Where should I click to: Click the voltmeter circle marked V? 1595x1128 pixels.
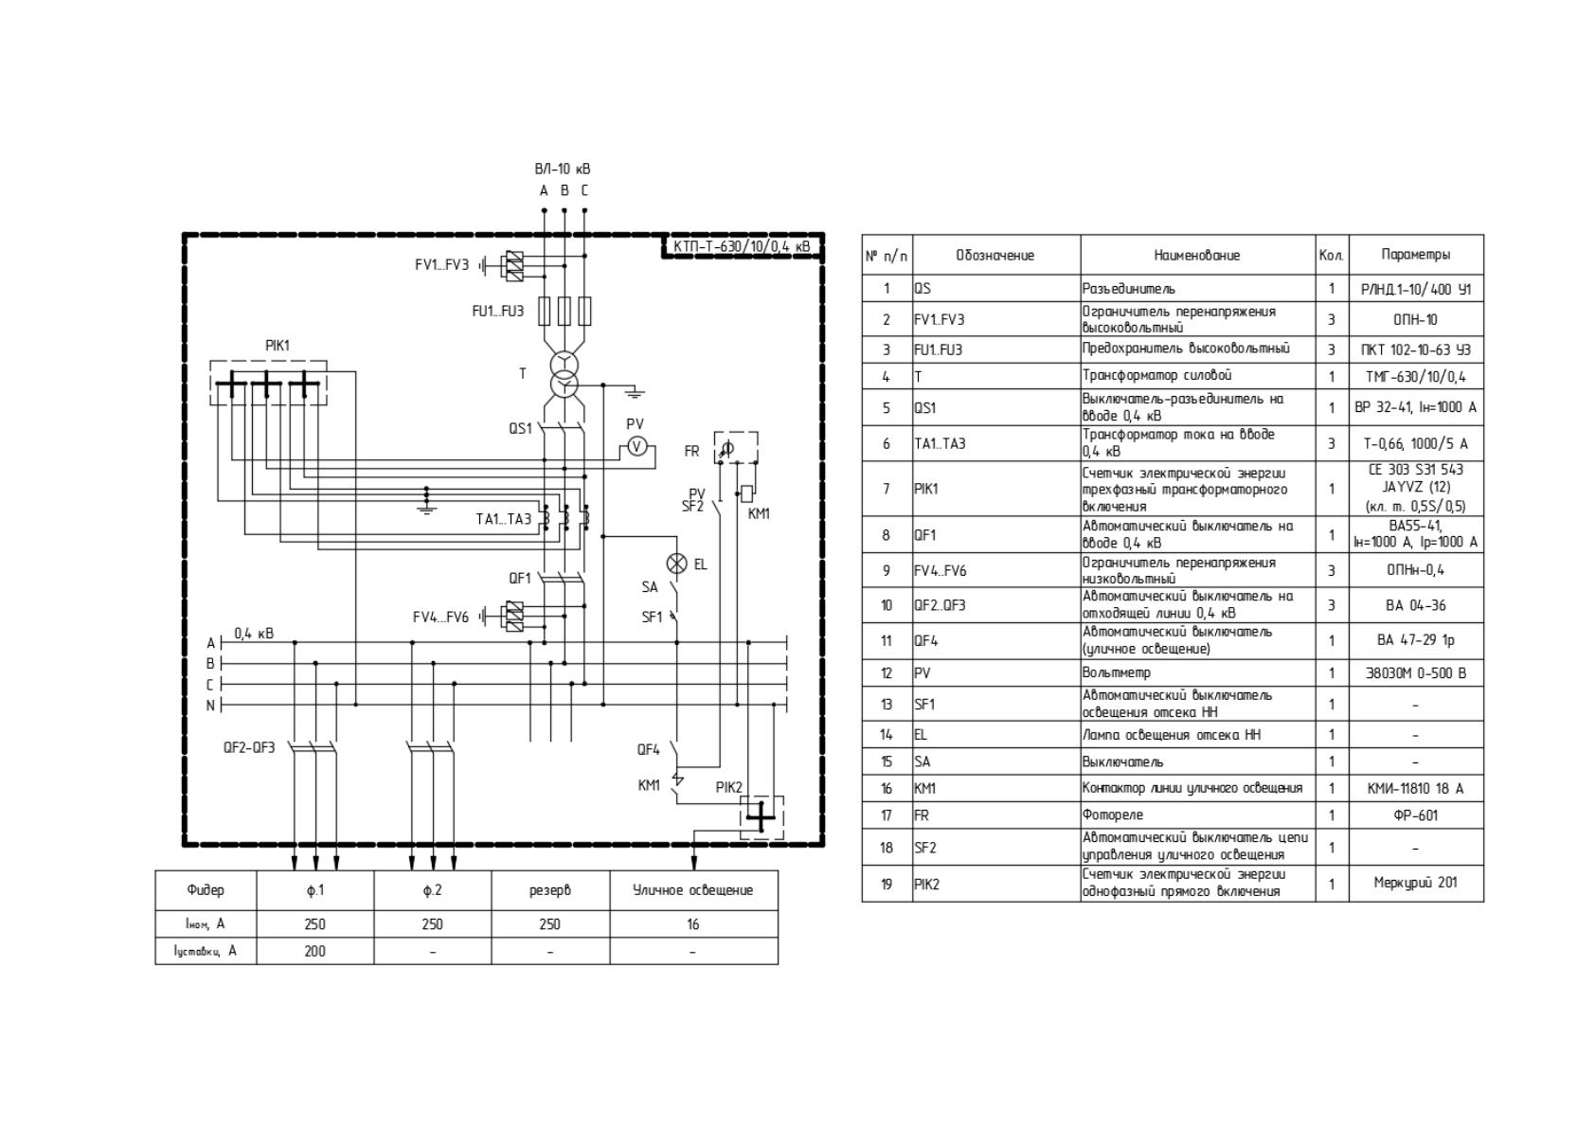tap(636, 446)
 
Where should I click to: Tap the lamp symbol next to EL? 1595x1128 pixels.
tap(676, 564)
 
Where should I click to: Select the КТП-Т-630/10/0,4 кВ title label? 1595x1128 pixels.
tap(742, 247)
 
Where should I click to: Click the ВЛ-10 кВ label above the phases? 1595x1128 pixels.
tap(563, 169)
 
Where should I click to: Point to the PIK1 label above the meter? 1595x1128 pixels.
tap(278, 346)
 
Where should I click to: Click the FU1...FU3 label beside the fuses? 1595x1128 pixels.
tap(497, 312)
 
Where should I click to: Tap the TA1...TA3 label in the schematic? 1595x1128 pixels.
tap(504, 519)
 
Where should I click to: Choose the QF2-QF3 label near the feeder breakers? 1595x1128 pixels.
tap(249, 747)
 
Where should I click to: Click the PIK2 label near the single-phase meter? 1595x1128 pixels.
tap(729, 788)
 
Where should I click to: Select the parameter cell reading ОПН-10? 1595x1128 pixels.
tap(1416, 320)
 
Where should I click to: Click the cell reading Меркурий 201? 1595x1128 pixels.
tap(1416, 883)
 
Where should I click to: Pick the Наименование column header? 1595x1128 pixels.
tap(1197, 255)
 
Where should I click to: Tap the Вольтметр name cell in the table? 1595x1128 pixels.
tap(1117, 673)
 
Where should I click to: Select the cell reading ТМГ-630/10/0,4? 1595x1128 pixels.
tap(1416, 377)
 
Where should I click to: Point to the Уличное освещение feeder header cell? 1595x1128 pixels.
tap(692, 890)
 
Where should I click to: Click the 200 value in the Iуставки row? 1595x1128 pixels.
tap(314, 952)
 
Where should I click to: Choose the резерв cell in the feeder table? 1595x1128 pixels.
tap(549, 890)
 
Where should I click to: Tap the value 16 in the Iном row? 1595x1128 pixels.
tap(692, 924)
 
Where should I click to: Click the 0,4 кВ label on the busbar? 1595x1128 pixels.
tap(254, 634)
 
